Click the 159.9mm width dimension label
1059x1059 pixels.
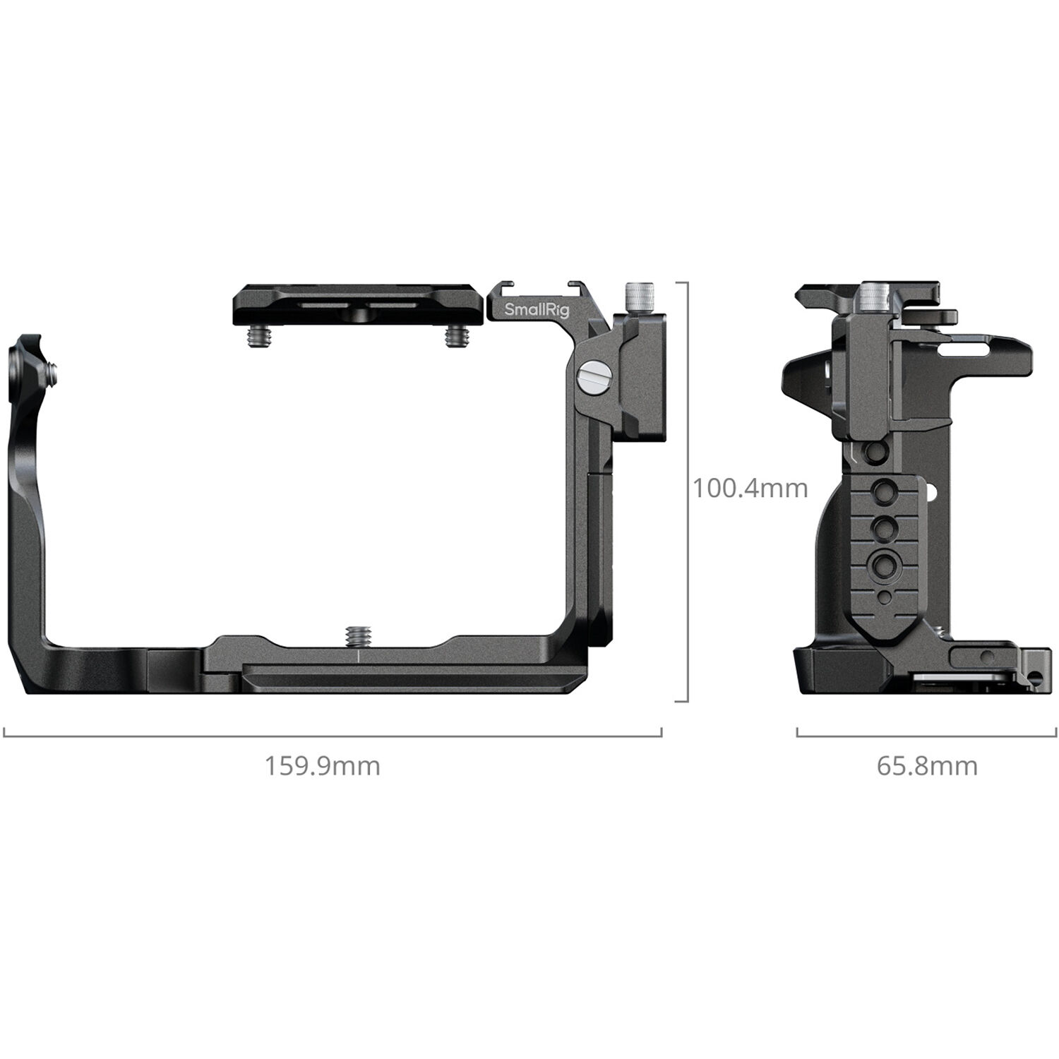coord(322,766)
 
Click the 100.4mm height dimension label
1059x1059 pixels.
coord(750,488)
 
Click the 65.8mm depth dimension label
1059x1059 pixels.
coord(927,766)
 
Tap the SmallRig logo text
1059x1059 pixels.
coord(537,309)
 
